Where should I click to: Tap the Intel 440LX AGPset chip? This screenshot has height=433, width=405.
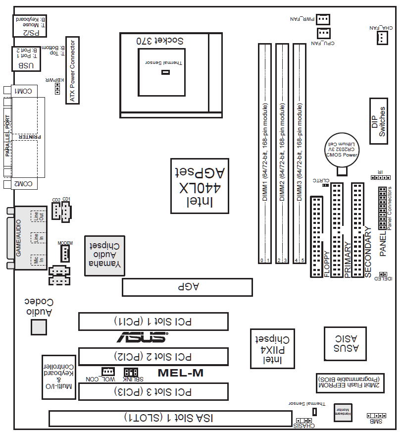pyautogui.click(x=199, y=186)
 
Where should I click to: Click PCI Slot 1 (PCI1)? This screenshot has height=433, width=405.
pyautogui.click(x=153, y=322)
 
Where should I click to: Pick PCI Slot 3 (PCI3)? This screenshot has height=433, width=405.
pyautogui.click(x=153, y=392)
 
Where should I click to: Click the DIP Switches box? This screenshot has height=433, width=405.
pyautogui.click(x=379, y=120)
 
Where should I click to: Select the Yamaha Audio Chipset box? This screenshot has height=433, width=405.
pyautogui.click(x=104, y=255)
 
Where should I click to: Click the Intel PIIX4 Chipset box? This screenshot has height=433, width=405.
pyautogui.click(x=272, y=349)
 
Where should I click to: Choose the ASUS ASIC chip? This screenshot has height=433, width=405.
pyautogui.click(x=345, y=343)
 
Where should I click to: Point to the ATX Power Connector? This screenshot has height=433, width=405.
pyautogui.click(x=72, y=72)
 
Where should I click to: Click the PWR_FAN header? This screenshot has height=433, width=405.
pyautogui.click(x=323, y=19)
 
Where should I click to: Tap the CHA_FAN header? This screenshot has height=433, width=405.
pyautogui.click(x=382, y=39)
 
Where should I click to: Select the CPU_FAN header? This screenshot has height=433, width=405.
pyautogui.click(x=323, y=33)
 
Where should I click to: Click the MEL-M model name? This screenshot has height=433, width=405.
pyautogui.click(x=180, y=373)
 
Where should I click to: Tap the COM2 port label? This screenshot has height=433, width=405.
pyautogui.click(x=24, y=184)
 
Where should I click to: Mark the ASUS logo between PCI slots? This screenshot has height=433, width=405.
pyautogui.click(x=142, y=337)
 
